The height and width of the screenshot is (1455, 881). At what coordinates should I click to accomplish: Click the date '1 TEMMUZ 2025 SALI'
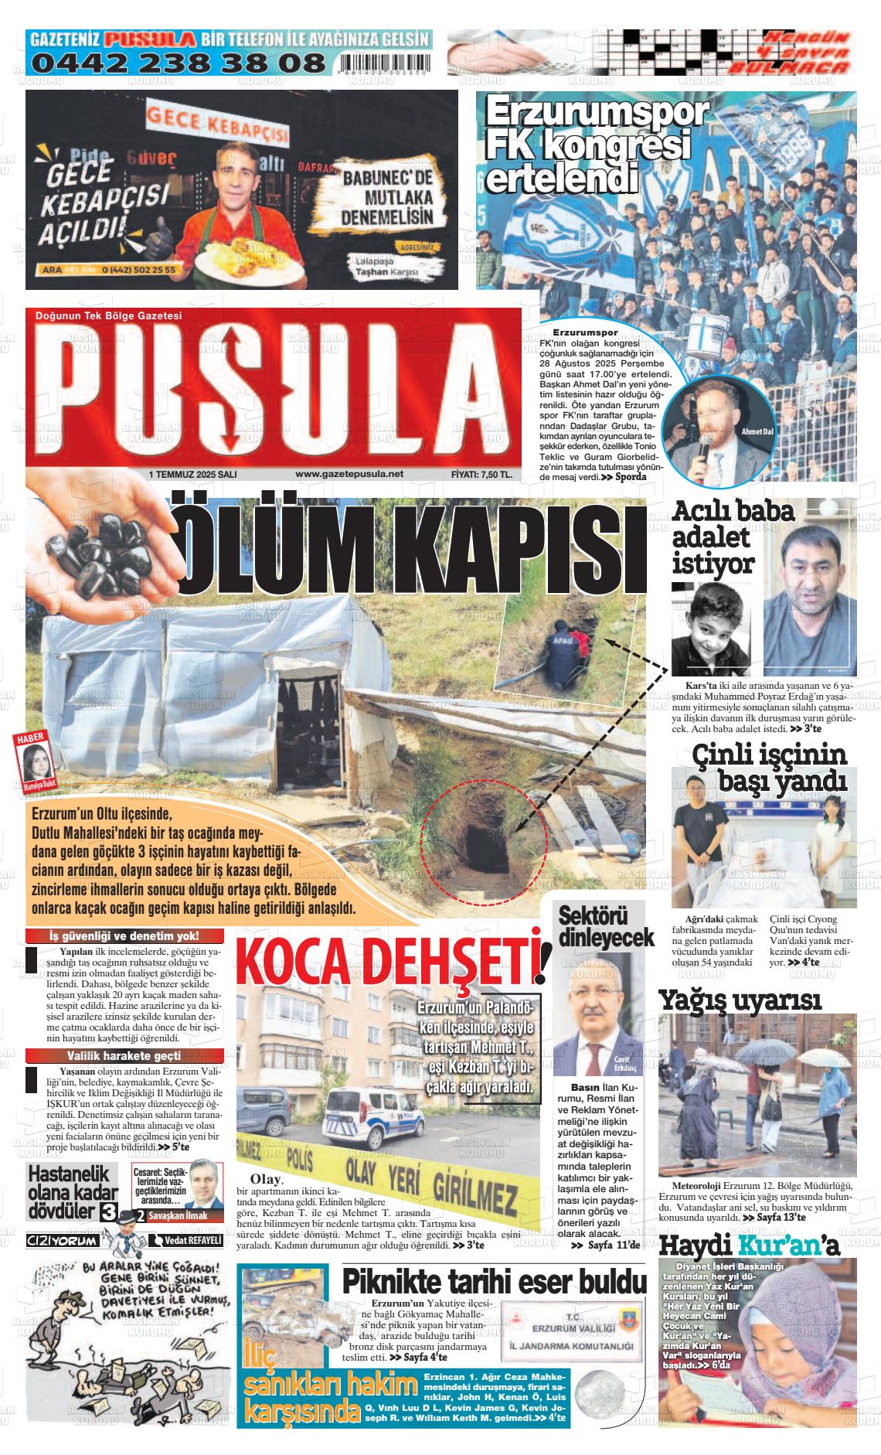point(192,475)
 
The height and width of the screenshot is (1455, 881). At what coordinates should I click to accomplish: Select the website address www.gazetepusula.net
point(349,475)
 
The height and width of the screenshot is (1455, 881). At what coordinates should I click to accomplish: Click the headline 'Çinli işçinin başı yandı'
point(769,766)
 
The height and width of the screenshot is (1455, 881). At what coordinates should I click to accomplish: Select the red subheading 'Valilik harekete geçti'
point(124,1055)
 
